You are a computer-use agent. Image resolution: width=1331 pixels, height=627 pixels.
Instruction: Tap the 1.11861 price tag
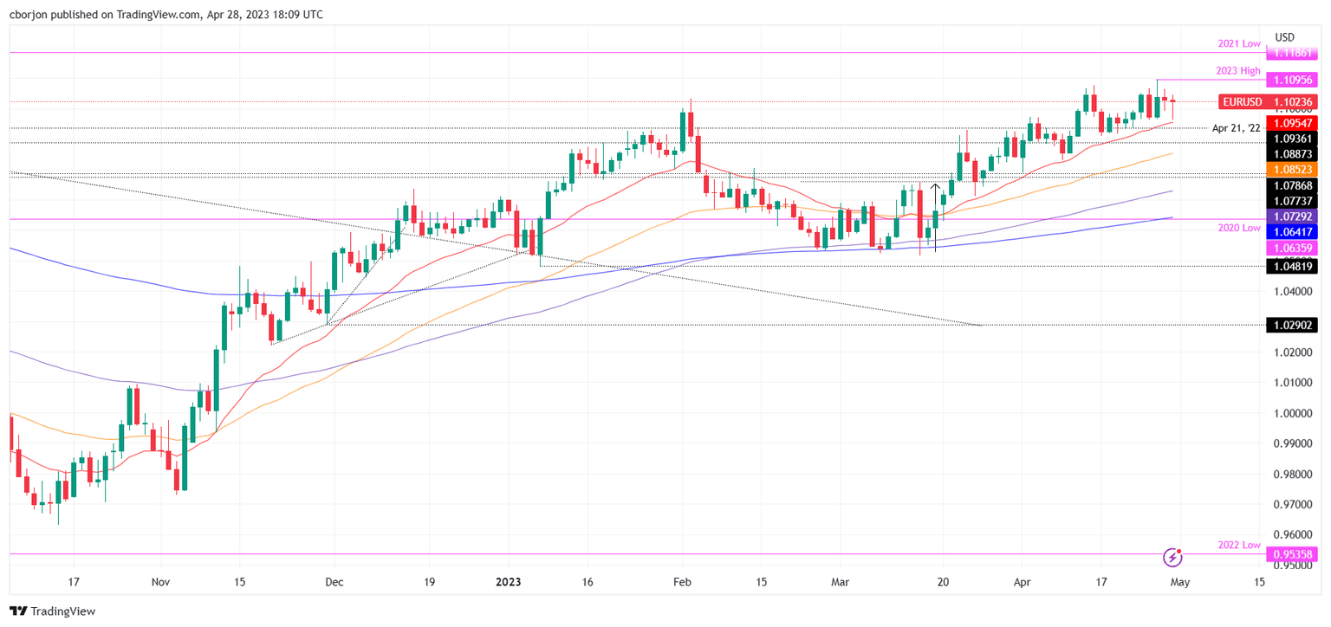tap(1291, 54)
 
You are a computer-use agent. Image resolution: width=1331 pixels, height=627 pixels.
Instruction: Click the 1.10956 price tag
tap(1291, 80)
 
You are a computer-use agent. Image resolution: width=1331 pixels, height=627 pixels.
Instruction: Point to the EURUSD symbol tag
tap(1242, 102)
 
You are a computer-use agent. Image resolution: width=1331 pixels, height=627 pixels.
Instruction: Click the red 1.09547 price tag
tap(1291, 123)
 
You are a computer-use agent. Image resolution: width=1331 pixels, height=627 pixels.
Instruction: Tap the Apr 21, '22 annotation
tap(1236, 128)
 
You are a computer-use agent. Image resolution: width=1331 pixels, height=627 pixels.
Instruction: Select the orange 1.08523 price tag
tap(1291, 169)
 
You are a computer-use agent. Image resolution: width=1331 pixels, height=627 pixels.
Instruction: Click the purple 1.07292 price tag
tap(1291, 216)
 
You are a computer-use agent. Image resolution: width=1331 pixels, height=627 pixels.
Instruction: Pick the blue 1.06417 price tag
tap(1291, 232)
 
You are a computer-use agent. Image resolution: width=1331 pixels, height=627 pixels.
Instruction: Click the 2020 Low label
tap(1238, 228)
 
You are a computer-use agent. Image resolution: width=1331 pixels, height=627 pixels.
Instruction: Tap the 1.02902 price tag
tap(1291, 326)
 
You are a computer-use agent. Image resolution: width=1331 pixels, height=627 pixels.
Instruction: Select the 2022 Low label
tap(1238, 544)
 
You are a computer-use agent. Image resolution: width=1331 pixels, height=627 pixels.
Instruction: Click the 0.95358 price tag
tap(1291, 554)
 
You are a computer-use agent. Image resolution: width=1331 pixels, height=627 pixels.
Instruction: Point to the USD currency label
tap(1284, 37)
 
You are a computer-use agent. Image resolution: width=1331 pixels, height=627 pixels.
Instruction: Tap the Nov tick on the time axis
tap(159, 583)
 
